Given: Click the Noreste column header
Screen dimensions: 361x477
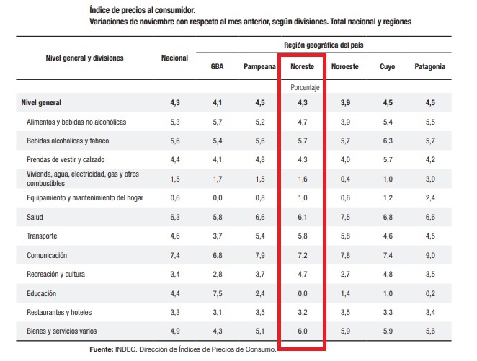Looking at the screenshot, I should (301, 67).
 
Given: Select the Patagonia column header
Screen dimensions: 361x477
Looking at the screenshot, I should (429, 67).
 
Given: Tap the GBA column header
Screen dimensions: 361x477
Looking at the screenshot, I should (218, 67).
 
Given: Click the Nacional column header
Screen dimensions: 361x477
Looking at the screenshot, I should (174, 58).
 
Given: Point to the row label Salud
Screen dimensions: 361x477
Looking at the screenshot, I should (35, 216).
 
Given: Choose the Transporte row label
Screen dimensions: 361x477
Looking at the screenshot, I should (42, 236).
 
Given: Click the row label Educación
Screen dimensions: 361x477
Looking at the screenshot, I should (41, 294).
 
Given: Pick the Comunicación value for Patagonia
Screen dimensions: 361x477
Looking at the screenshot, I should (431, 255).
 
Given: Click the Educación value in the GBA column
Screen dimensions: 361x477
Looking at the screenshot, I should (218, 294).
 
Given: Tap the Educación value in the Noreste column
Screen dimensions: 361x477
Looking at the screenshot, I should (303, 294).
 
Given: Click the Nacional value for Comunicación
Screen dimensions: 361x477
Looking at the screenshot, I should (175, 255).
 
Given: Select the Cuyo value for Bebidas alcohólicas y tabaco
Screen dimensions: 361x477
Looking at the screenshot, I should (388, 141).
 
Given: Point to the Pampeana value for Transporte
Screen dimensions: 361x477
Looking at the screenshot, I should (260, 236).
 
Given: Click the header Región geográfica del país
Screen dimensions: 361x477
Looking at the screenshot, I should (323, 45).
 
